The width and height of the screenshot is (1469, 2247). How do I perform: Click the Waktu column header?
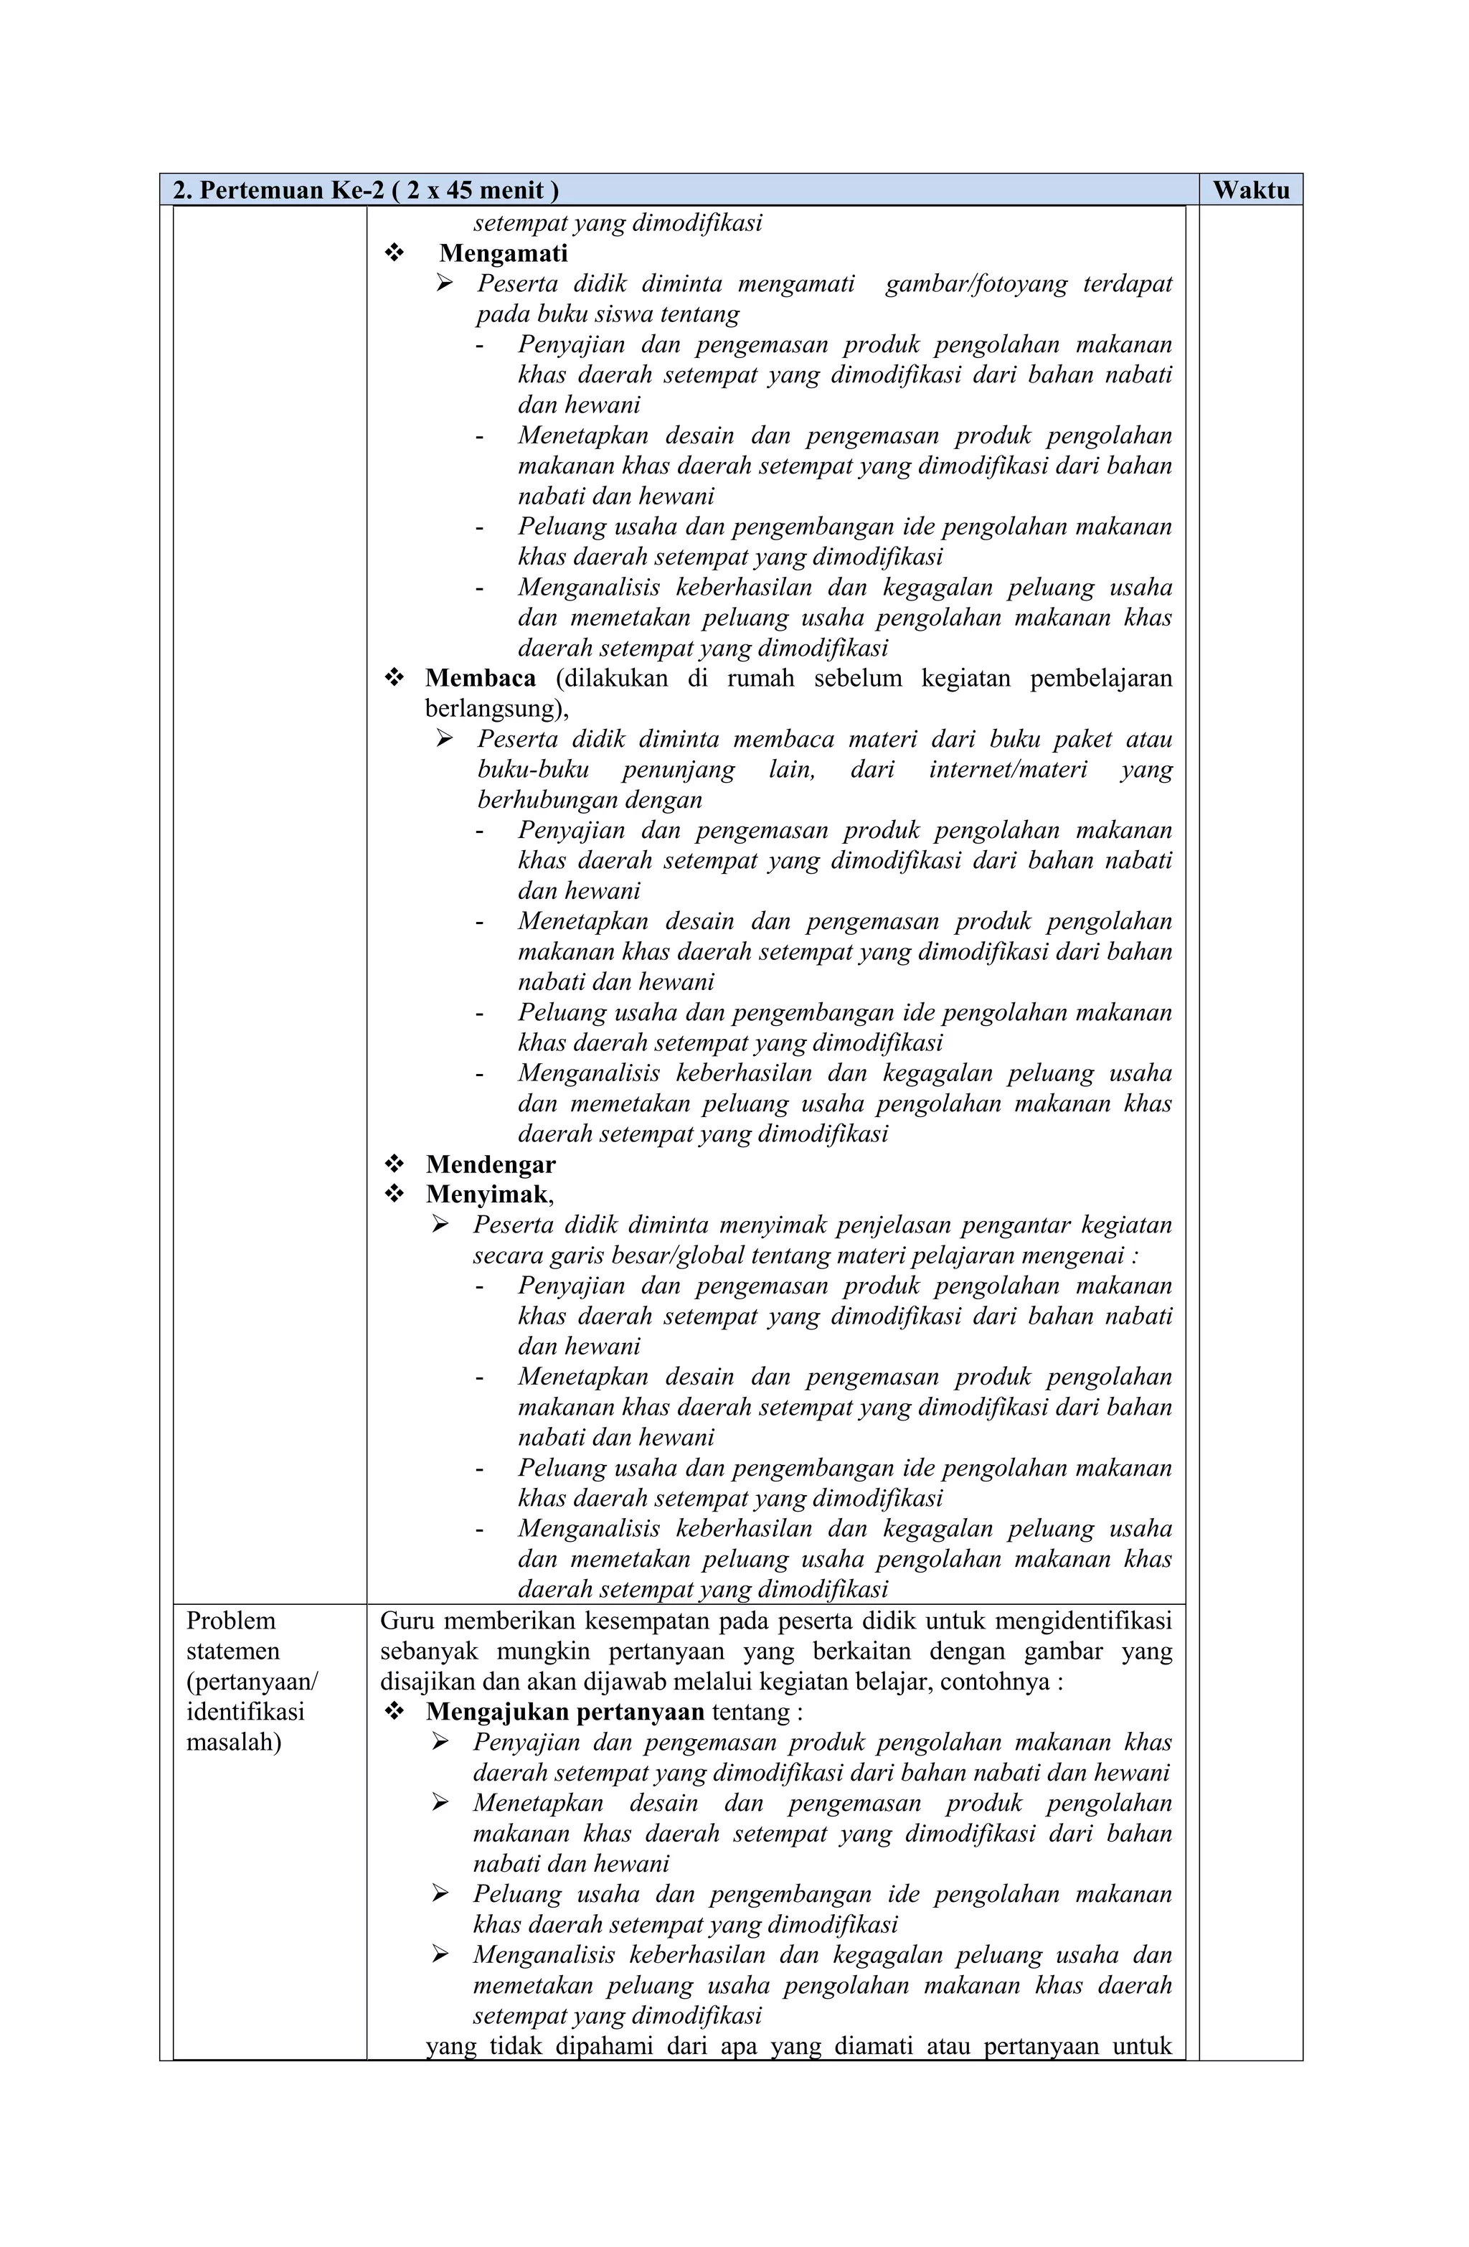pyautogui.click(x=1250, y=190)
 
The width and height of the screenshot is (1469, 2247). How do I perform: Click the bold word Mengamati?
pyautogui.click(x=504, y=253)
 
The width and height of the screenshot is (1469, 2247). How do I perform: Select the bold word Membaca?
pyautogui.click(x=481, y=678)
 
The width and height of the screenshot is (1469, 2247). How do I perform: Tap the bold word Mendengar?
pyautogui.click(x=490, y=1164)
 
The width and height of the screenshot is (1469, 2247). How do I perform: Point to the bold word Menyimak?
pyautogui.click(x=486, y=1195)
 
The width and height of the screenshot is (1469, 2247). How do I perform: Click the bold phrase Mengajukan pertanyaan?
pyautogui.click(x=565, y=1712)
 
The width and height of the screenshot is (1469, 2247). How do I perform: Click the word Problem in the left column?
pyautogui.click(x=230, y=1621)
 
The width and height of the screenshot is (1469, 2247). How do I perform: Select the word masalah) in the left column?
pyautogui.click(x=233, y=1742)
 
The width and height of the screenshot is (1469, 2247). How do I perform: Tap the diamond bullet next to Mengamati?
pyautogui.click(x=394, y=253)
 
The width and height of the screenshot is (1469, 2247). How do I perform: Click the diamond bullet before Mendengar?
pyautogui.click(x=394, y=1164)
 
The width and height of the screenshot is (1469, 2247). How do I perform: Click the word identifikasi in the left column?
pyautogui.click(x=245, y=1712)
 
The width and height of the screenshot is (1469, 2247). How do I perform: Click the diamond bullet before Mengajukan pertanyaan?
pyautogui.click(x=394, y=1712)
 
